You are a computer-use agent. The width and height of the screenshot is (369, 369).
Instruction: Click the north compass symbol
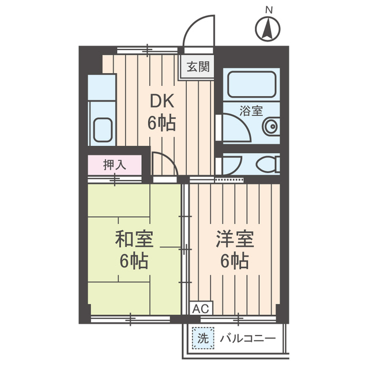coord(268,29)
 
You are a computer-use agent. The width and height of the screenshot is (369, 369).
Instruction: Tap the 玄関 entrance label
coord(198,66)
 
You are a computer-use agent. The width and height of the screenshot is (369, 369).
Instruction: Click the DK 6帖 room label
coord(162,112)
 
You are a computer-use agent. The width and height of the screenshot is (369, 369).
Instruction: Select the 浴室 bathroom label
coord(250,108)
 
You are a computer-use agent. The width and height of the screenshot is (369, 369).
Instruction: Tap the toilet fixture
coord(267,165)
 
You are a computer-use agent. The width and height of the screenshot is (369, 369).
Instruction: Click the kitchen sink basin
coord(103,130)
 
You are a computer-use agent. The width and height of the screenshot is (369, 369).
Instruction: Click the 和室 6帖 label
coord(134,250)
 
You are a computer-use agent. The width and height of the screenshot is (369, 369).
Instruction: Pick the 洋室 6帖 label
coord(234,250)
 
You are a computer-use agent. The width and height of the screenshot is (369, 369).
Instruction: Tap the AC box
coord(199,308)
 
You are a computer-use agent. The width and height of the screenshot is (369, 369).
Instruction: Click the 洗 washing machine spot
coord(202,338)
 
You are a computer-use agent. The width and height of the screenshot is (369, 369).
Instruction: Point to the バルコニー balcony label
coord(247,338)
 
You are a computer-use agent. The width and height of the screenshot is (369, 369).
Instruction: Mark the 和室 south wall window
coord(131,317)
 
